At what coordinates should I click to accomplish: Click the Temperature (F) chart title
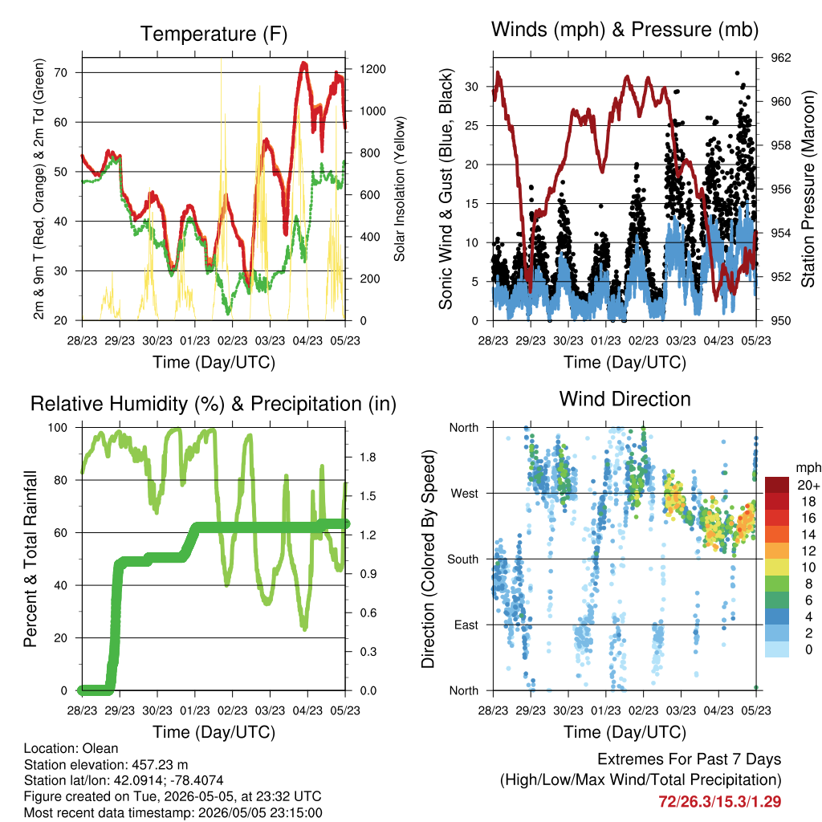(214, 34)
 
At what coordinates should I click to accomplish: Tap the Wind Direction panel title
(625, 399)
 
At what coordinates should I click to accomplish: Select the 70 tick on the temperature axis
(61, 72)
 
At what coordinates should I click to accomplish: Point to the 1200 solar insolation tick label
(372, 69)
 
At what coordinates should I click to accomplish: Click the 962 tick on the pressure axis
(780, 58)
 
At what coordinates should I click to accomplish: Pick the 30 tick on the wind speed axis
(472, 87)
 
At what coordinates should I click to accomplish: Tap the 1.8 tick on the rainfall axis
(368, 457)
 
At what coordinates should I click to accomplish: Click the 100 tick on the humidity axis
(58, 427)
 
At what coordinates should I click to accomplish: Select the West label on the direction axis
(465, 494)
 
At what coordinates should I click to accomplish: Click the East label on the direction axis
(466, 625)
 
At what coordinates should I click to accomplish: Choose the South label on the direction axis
(463, 560)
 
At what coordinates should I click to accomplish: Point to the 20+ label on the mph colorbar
(808, 485)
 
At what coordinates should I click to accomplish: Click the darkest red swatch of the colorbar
(777, 485)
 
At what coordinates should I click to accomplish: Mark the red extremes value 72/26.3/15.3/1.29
(720, 802)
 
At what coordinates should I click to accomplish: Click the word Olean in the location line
(101, 748)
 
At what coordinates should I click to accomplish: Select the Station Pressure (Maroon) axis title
(808, 189)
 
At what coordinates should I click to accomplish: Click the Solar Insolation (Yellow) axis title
(400, 189)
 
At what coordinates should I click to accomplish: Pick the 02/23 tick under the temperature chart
(232, 340)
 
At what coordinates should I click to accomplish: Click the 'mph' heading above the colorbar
(808, 468)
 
